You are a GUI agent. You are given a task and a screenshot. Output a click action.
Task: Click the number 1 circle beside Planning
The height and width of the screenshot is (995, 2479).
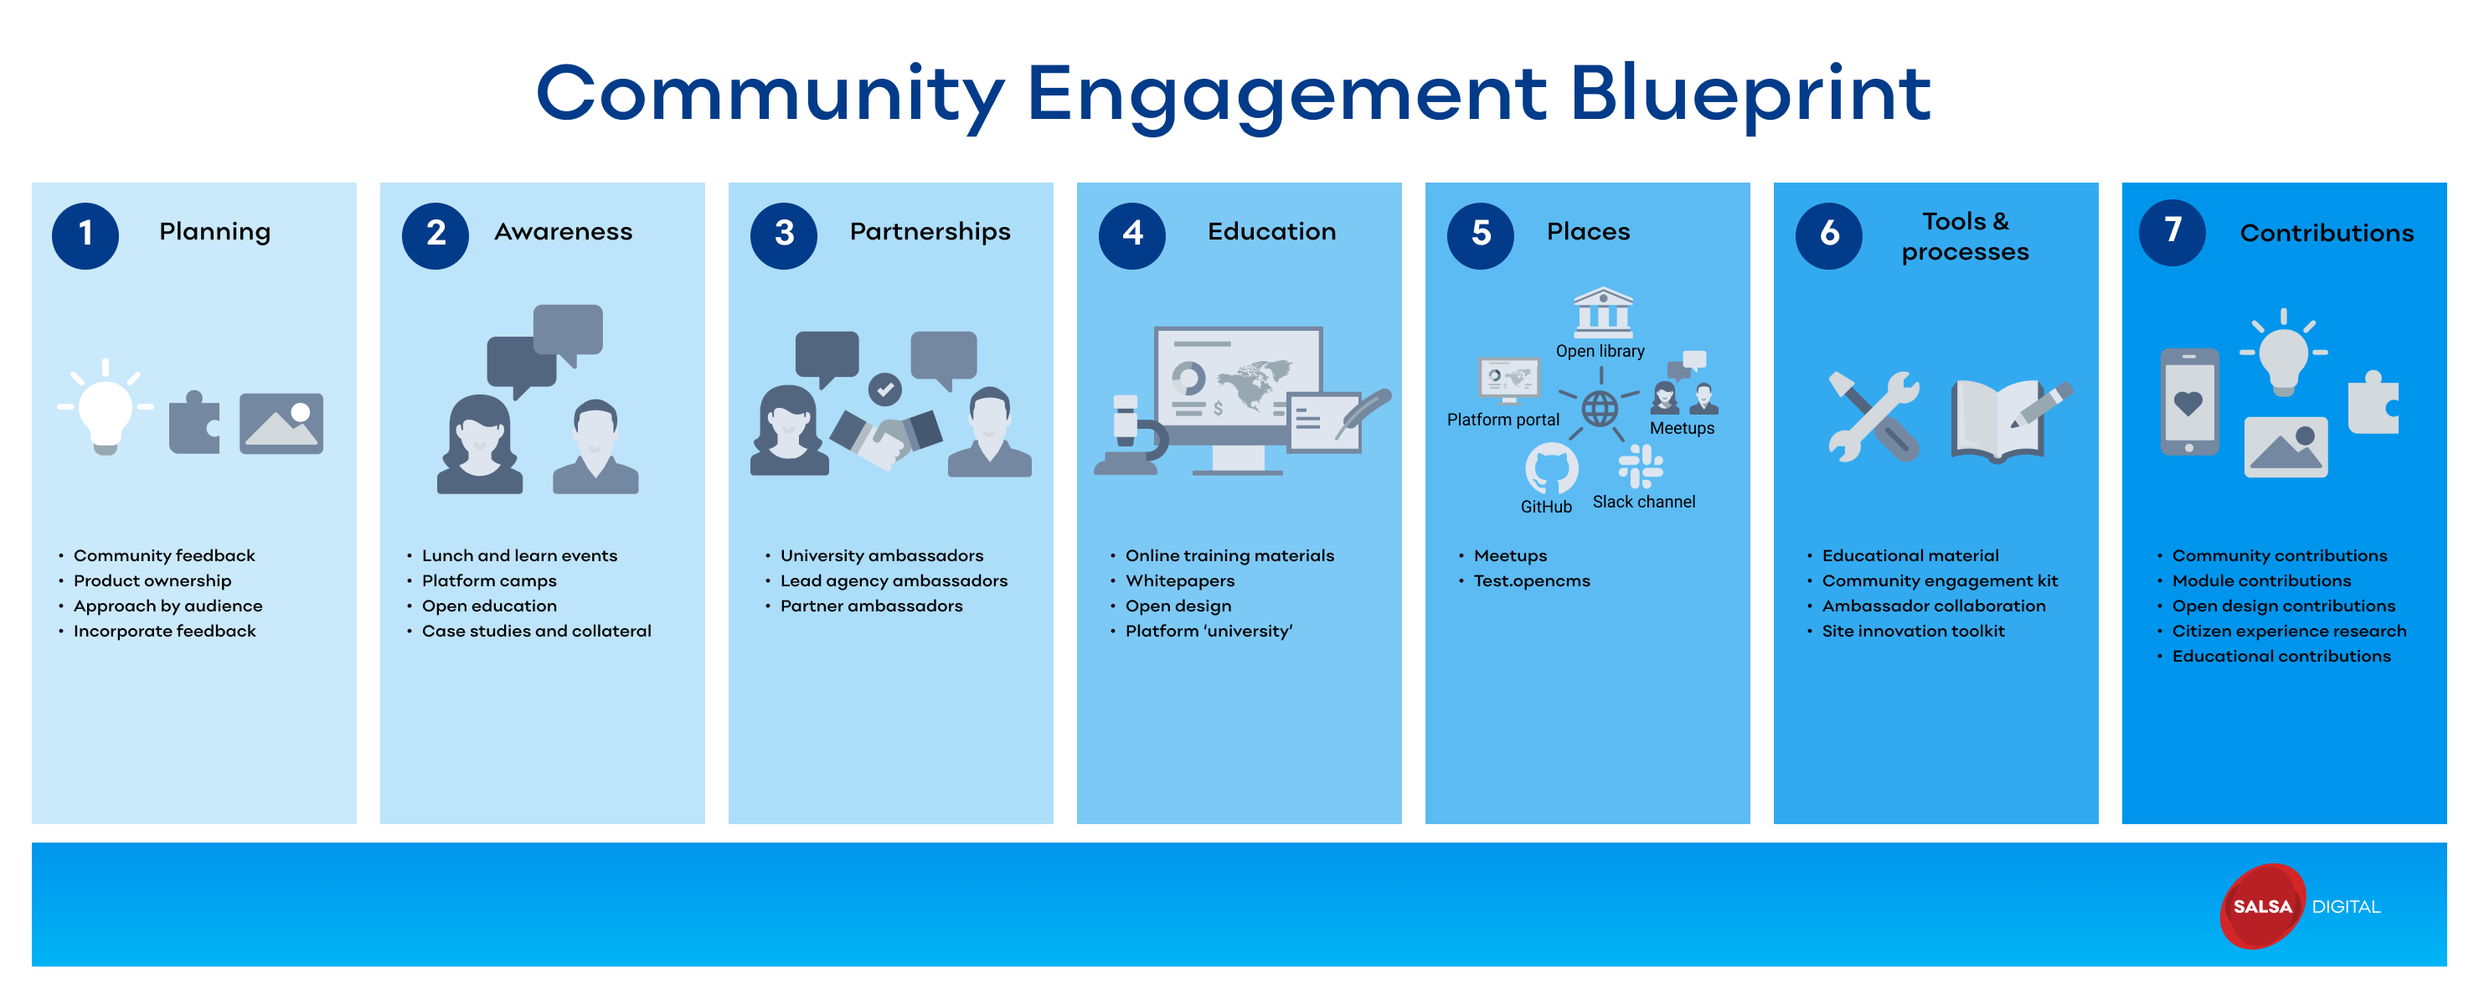pyautogui.click(x=85, y=235)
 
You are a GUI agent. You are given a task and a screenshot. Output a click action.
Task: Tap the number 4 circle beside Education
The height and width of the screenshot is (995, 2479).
pyautogui.click(x=1131, y=235)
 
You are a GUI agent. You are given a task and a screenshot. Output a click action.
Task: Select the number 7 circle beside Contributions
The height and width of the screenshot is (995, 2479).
pyautogui.click(x=2172, y=233)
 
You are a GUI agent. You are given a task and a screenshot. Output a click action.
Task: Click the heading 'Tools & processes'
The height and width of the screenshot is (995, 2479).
pyautogui.click(x=1964, y=235)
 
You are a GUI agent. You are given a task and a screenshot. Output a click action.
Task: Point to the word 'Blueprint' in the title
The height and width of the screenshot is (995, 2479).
pyautogui.click(x=1750, y=95)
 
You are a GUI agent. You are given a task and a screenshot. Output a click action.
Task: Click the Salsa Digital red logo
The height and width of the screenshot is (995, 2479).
pyautogui.click(x=2261, y=905)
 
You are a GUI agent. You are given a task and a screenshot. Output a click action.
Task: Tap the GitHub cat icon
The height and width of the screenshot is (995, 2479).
pyautogui.click(x=1550, y=470)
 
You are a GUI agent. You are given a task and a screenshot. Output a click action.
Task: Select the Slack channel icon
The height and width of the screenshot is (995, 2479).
pyautogui.click(x=1640, y=467)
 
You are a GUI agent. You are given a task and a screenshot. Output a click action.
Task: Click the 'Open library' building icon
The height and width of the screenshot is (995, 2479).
pyautogui.click(x=1602, y=312)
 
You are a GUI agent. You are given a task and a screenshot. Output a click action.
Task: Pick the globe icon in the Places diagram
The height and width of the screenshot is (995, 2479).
pyautogui.click(x=1600, y=409)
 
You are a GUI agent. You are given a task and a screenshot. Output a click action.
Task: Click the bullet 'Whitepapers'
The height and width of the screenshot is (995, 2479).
pyautogui.click(x=1180, y=580)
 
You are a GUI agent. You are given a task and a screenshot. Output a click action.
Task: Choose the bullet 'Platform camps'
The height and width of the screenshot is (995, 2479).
pyautogui.click(x=489, y=580)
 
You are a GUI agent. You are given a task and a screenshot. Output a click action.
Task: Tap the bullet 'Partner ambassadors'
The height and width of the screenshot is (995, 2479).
pyautogui.click(x=871, y=606)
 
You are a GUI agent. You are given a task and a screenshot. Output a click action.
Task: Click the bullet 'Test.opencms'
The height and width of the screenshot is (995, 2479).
pyautogui.click(x=1531, y=580)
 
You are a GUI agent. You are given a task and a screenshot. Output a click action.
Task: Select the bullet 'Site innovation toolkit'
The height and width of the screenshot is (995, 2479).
pyautogui.click(x=1912, y=631)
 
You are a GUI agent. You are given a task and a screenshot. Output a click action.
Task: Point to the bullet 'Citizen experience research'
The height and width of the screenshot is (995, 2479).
pyautogui.click(x=2288, y=631)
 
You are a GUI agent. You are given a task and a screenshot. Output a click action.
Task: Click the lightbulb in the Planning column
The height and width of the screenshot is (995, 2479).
pyautogui.click(x=105, y=412)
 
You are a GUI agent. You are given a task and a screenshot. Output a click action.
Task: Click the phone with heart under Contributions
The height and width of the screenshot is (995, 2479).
pyautogui.click(x=2189, y=402)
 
